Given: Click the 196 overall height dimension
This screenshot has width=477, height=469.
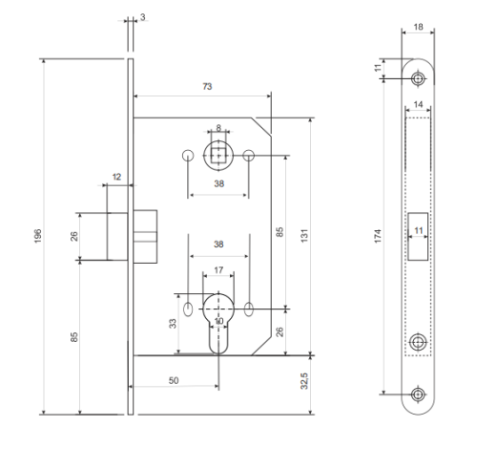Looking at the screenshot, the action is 38,236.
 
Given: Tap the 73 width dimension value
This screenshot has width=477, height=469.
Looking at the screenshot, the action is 207,87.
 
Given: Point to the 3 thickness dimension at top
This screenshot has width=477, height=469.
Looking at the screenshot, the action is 142,17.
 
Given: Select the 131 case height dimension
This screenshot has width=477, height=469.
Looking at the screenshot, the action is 304,236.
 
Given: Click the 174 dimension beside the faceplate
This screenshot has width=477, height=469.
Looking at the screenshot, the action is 378,236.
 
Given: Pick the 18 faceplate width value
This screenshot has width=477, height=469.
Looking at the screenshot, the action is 418,27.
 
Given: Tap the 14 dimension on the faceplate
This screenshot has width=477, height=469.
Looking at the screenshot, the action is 418,104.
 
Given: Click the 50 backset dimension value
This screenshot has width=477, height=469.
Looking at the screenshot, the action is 174,380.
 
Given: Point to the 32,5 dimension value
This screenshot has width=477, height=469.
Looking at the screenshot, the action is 304,381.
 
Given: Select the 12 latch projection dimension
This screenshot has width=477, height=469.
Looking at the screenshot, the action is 116,177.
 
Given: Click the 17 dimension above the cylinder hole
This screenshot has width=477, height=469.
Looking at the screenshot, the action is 218,270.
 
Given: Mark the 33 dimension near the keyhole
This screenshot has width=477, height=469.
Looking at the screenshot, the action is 173,324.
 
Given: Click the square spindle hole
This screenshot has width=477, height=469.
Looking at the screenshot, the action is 218,156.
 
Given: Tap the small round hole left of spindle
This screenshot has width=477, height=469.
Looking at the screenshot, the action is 188,156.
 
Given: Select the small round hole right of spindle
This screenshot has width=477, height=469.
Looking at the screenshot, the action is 248,156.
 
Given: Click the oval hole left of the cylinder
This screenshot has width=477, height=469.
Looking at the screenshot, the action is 188,309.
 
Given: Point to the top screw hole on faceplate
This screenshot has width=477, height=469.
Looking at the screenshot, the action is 418,78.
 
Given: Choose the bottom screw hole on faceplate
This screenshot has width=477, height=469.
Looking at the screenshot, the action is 418,394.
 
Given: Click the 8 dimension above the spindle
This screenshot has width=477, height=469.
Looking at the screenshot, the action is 218,128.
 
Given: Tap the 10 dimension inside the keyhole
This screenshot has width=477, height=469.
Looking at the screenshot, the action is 219,321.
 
